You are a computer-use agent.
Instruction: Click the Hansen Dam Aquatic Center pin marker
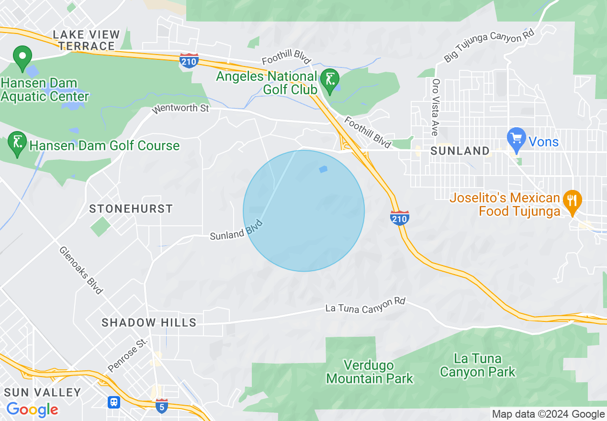22,57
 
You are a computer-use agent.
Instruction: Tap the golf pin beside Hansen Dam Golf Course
18,144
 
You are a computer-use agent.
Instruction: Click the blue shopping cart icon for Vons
516,137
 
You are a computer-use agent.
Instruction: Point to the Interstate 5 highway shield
162,405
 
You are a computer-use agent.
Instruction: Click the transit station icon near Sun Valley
114,402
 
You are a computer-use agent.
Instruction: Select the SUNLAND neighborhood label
460,151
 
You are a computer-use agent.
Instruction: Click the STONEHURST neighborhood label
131,209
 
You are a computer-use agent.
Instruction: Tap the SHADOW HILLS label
149,323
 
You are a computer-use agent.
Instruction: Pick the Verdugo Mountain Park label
370,372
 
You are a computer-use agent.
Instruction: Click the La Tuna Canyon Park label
478,365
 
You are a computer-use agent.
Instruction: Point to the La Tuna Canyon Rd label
365,306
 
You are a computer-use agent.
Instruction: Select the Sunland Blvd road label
236,230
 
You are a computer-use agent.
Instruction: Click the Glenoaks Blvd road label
81,270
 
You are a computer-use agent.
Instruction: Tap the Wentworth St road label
180,109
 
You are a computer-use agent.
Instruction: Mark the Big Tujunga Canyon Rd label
489,45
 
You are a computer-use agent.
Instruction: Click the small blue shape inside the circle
324,169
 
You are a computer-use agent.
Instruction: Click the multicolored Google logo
32,410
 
